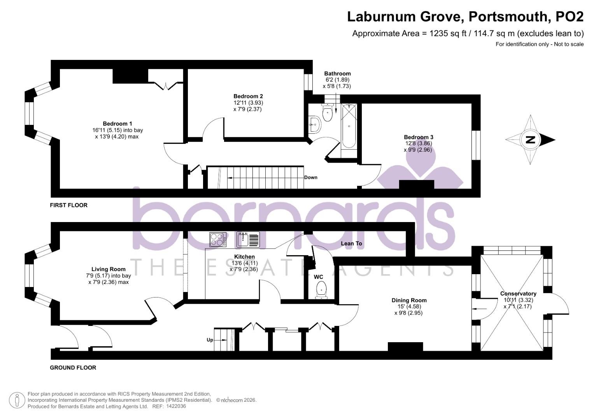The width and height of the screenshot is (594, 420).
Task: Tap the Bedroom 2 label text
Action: pyautogui.click(x=248, y=96)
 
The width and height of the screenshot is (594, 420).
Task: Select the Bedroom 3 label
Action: pyautogui.click(x=419, y=137)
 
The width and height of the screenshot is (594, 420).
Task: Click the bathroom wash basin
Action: pyautogui.click(x=314, y=125)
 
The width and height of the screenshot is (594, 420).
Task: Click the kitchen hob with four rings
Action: pyautogui.click(x=218, y=239)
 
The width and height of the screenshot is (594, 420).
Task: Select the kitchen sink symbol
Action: pyautogui.click(x=248, y=239)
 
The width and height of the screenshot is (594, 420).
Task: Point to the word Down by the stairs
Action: pyautogui.click(x=311, y=177)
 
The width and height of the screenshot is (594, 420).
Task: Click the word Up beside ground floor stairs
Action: pyautogui.click(x=210, y=340)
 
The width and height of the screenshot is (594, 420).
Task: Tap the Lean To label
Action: pyautogui.click(x=351, y=243)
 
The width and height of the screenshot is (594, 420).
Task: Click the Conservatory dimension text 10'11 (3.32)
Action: pyautogui.click(x=518, y=300)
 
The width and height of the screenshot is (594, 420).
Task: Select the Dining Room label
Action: pyautogui.click(x=409, y=300)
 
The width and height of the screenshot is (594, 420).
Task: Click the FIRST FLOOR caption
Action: pyautogui.click(x=69, y=205)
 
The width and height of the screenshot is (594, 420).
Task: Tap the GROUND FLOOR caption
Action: pyautogui.click(x=73, y=367)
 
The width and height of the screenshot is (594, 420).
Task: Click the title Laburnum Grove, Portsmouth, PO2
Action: pyautogui.click(x=465, y=17)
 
